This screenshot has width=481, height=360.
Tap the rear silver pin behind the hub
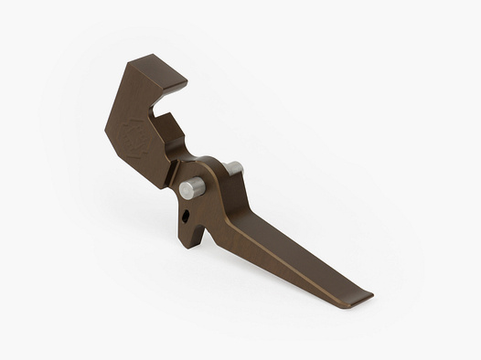coord(233,169)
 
